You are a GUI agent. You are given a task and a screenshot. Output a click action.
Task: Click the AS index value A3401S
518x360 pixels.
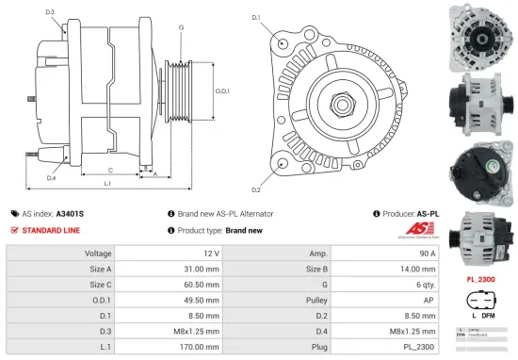71,214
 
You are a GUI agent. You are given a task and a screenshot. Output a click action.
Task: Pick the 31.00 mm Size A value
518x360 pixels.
203,269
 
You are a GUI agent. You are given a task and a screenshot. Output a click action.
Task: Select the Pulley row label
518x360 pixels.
317,299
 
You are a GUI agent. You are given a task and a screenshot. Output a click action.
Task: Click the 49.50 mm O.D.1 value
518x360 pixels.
203,299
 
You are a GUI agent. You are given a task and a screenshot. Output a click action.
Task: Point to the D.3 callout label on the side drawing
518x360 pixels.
49,11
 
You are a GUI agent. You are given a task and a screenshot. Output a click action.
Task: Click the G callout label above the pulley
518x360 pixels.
180,28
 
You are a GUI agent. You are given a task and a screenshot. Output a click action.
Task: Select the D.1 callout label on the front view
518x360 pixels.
257,17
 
